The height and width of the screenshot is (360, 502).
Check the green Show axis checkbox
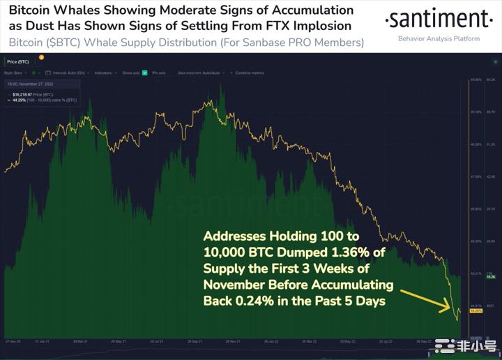tap(144, 73)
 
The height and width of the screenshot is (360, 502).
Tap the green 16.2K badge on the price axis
tap(490, 276)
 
